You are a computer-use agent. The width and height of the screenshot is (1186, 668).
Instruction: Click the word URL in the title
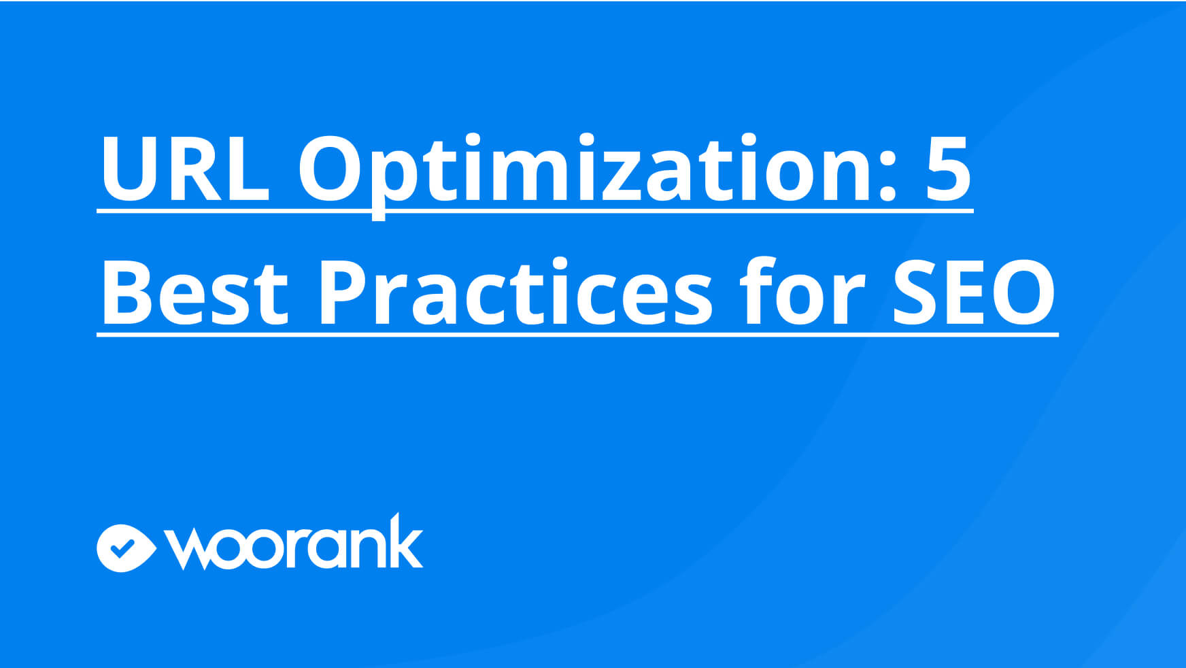click(x=185, y=168)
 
